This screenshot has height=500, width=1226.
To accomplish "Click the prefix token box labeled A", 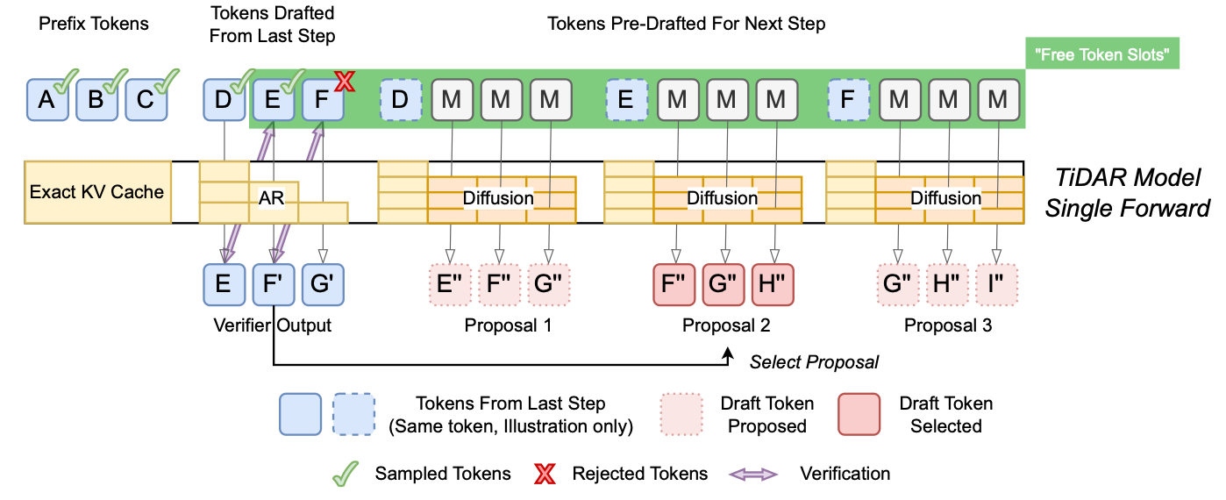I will coord(47,99).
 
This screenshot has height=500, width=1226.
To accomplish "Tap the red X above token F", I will coord(344,82).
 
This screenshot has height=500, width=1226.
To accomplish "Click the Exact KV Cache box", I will coord(96,191).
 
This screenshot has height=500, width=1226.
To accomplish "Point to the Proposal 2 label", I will coord(726,326).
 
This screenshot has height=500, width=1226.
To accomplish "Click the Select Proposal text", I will coord(813,361).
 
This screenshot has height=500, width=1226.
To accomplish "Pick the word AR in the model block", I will coord(270,199).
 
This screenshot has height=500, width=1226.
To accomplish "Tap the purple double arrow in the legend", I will coord(753,474).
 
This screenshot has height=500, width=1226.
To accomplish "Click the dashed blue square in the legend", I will coord(355,414).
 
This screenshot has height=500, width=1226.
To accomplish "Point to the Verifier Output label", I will coord(272,326).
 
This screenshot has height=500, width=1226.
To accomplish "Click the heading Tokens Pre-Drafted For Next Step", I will coord(686,24).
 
